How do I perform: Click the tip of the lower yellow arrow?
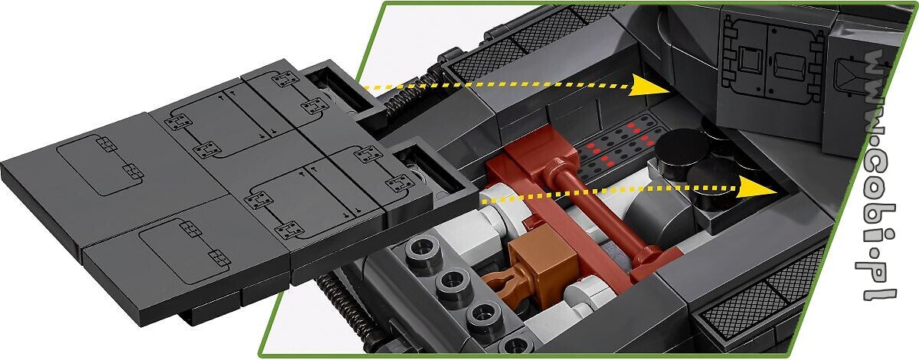[x=778, y=191]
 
